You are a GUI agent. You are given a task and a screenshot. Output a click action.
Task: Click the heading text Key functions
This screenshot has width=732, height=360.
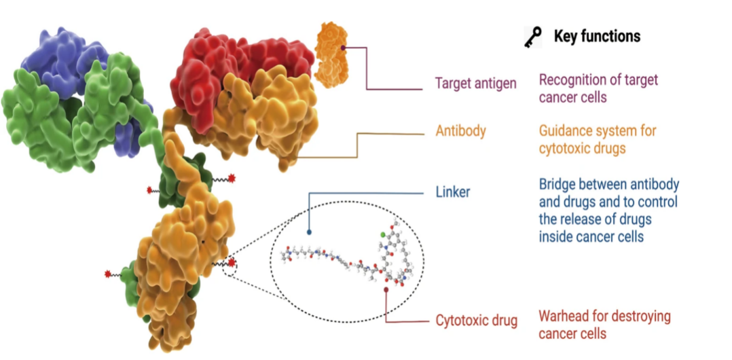click(597, 36)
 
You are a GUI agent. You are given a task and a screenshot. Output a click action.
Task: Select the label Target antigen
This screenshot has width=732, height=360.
click(475, 84)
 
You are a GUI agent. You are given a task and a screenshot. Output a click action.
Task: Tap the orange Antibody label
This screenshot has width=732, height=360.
click(460, 130)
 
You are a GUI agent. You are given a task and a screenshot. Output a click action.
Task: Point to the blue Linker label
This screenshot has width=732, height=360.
click(452, 192)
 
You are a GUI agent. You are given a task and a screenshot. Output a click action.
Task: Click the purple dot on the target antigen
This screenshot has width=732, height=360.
click(344, 48)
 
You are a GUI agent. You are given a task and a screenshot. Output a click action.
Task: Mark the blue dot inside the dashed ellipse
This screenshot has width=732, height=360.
click(309, 232)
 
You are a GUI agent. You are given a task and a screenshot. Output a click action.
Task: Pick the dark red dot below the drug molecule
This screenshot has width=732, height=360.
click(386, 289)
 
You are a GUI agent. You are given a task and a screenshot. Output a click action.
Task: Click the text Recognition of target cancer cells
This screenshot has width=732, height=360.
click(598, 88)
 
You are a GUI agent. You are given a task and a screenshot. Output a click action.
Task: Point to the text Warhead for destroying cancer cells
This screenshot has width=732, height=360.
click(604, 325)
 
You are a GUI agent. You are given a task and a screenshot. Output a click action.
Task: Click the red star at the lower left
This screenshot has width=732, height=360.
click(107, 274)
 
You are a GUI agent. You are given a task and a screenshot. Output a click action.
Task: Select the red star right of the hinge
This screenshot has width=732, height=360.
click(232, 178)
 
